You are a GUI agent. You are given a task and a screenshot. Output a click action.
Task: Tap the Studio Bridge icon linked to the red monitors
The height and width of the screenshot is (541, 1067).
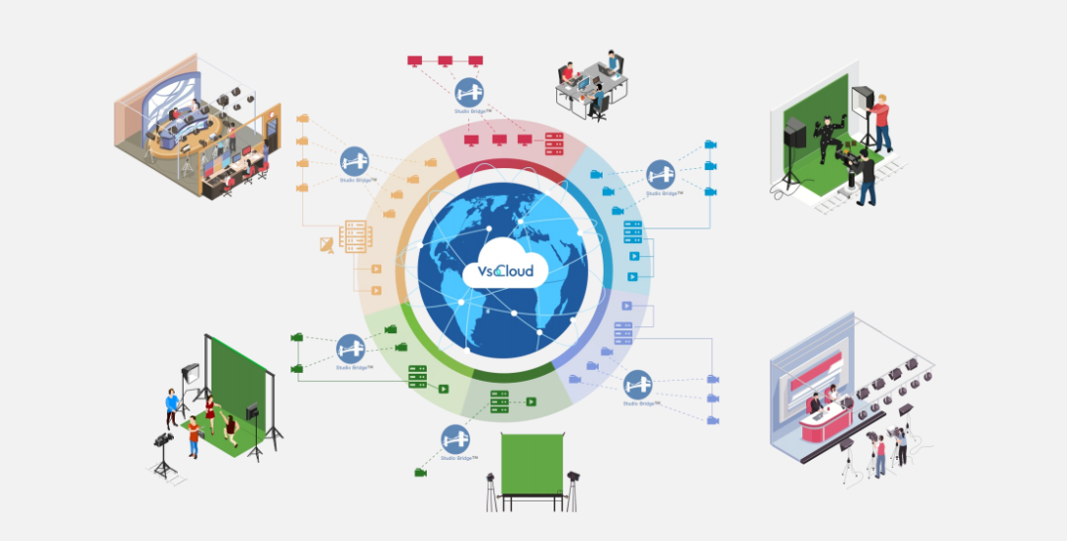click(x=469, y=94)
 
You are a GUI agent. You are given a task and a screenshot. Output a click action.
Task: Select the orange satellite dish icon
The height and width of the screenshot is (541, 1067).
click(x=327, y=243)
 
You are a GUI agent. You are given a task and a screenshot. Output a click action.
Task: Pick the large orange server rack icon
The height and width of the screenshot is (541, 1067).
click(x=355, y=234)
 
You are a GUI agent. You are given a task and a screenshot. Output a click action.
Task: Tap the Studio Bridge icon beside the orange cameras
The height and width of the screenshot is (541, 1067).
click(x=355, y=161)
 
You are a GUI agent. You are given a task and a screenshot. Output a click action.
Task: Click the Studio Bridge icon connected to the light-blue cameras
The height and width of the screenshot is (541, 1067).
click(x=661, y=174)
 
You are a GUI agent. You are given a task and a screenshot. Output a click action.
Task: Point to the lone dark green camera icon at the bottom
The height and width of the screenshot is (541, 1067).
click(x=420, y=473)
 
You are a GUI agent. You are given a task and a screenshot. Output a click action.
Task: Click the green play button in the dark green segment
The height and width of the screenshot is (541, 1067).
click(x=531, y=402)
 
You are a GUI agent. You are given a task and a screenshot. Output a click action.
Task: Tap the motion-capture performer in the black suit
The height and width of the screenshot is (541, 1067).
click(x=823, y=139)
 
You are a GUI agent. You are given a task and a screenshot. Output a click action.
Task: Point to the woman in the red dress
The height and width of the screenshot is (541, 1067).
click(x=210, y=411)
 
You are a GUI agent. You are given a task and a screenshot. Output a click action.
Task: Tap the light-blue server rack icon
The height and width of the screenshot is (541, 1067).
click(x=633, y=232)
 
